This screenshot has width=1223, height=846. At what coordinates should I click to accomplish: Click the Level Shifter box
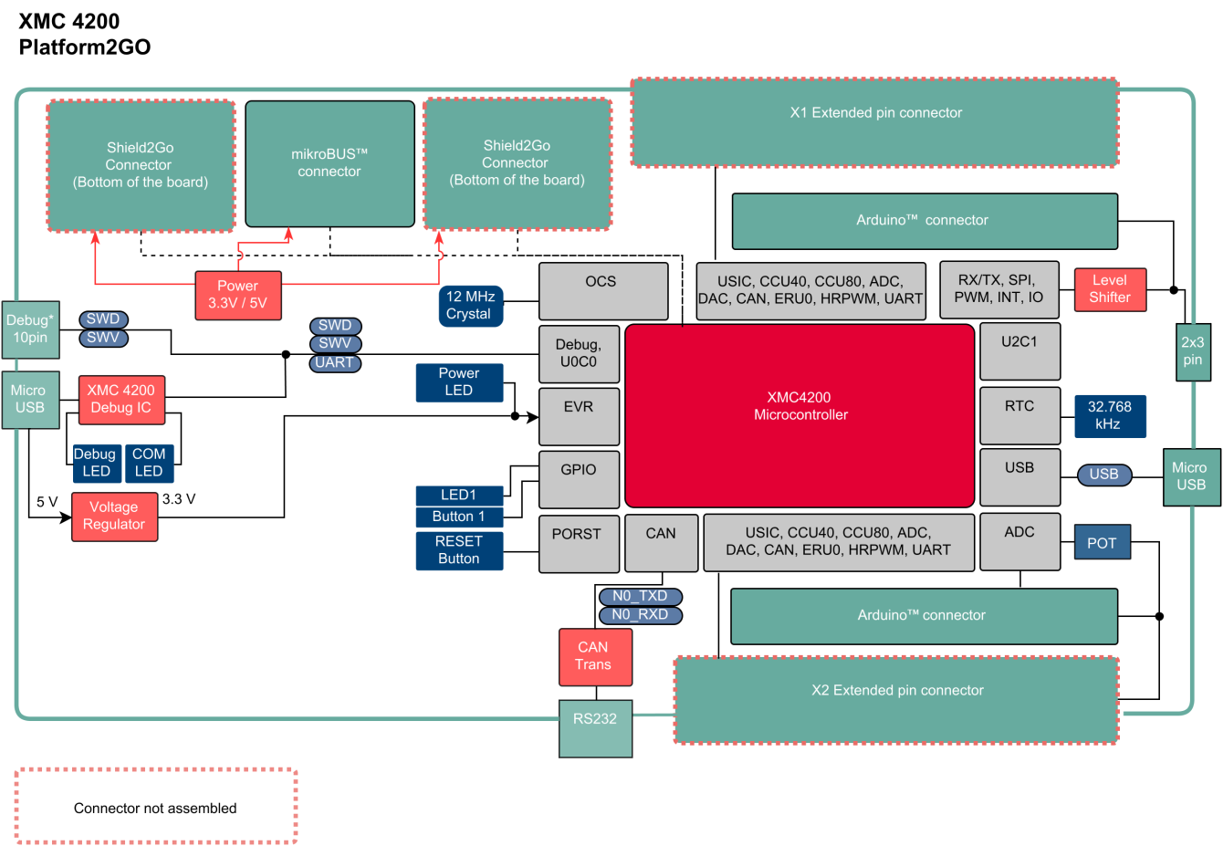pyautogui.click(x=1109, y=289)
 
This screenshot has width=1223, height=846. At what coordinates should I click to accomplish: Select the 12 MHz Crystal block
pyautogui.click(x=470, y=306)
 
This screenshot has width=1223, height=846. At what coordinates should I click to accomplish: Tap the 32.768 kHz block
pyautogui.click(x=1109, y=416)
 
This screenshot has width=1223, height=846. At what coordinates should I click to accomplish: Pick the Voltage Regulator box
pyautogui.click(x=114, y=517)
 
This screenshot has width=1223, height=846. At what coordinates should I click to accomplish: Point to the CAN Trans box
pyautogui.click(x=595, y=656)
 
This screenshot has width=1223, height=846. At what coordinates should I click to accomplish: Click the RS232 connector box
pyautogui.click(x=595, y=728)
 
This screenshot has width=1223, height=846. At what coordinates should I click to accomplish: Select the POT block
pyautogui.click(x=1102, y=543)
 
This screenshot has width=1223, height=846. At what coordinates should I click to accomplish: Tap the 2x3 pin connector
pyautogui.click(x=1192, y=351)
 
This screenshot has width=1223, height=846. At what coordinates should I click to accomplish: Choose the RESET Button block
pyautogui.click(x=459, y=550)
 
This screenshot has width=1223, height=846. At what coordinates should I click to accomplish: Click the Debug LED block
pyautogui.click(x=96, y=463)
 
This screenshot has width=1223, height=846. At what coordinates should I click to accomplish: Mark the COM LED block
pyautogui.click(x=149, y=463)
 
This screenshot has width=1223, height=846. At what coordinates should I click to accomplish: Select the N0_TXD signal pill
pyautogui.click(x=640, y=596)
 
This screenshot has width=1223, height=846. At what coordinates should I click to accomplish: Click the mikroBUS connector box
pyautogui.click(x=329, y=163)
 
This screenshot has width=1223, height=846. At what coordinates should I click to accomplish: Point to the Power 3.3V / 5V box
pyautogui.click(x=237, y=295)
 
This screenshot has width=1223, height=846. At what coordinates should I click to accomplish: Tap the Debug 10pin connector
pyautogui.click(x=30, y=329)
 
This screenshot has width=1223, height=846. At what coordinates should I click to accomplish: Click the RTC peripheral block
pyautogui.click(x=1019, y=415)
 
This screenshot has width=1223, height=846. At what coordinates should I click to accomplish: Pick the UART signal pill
pyautogui.click(x=334, y=362)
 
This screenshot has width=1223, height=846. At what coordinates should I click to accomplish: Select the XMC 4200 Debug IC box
pyautogui.click(x=121, y=400)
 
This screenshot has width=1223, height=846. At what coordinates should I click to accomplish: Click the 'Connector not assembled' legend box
pyautogui.click(x=155, y=807)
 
